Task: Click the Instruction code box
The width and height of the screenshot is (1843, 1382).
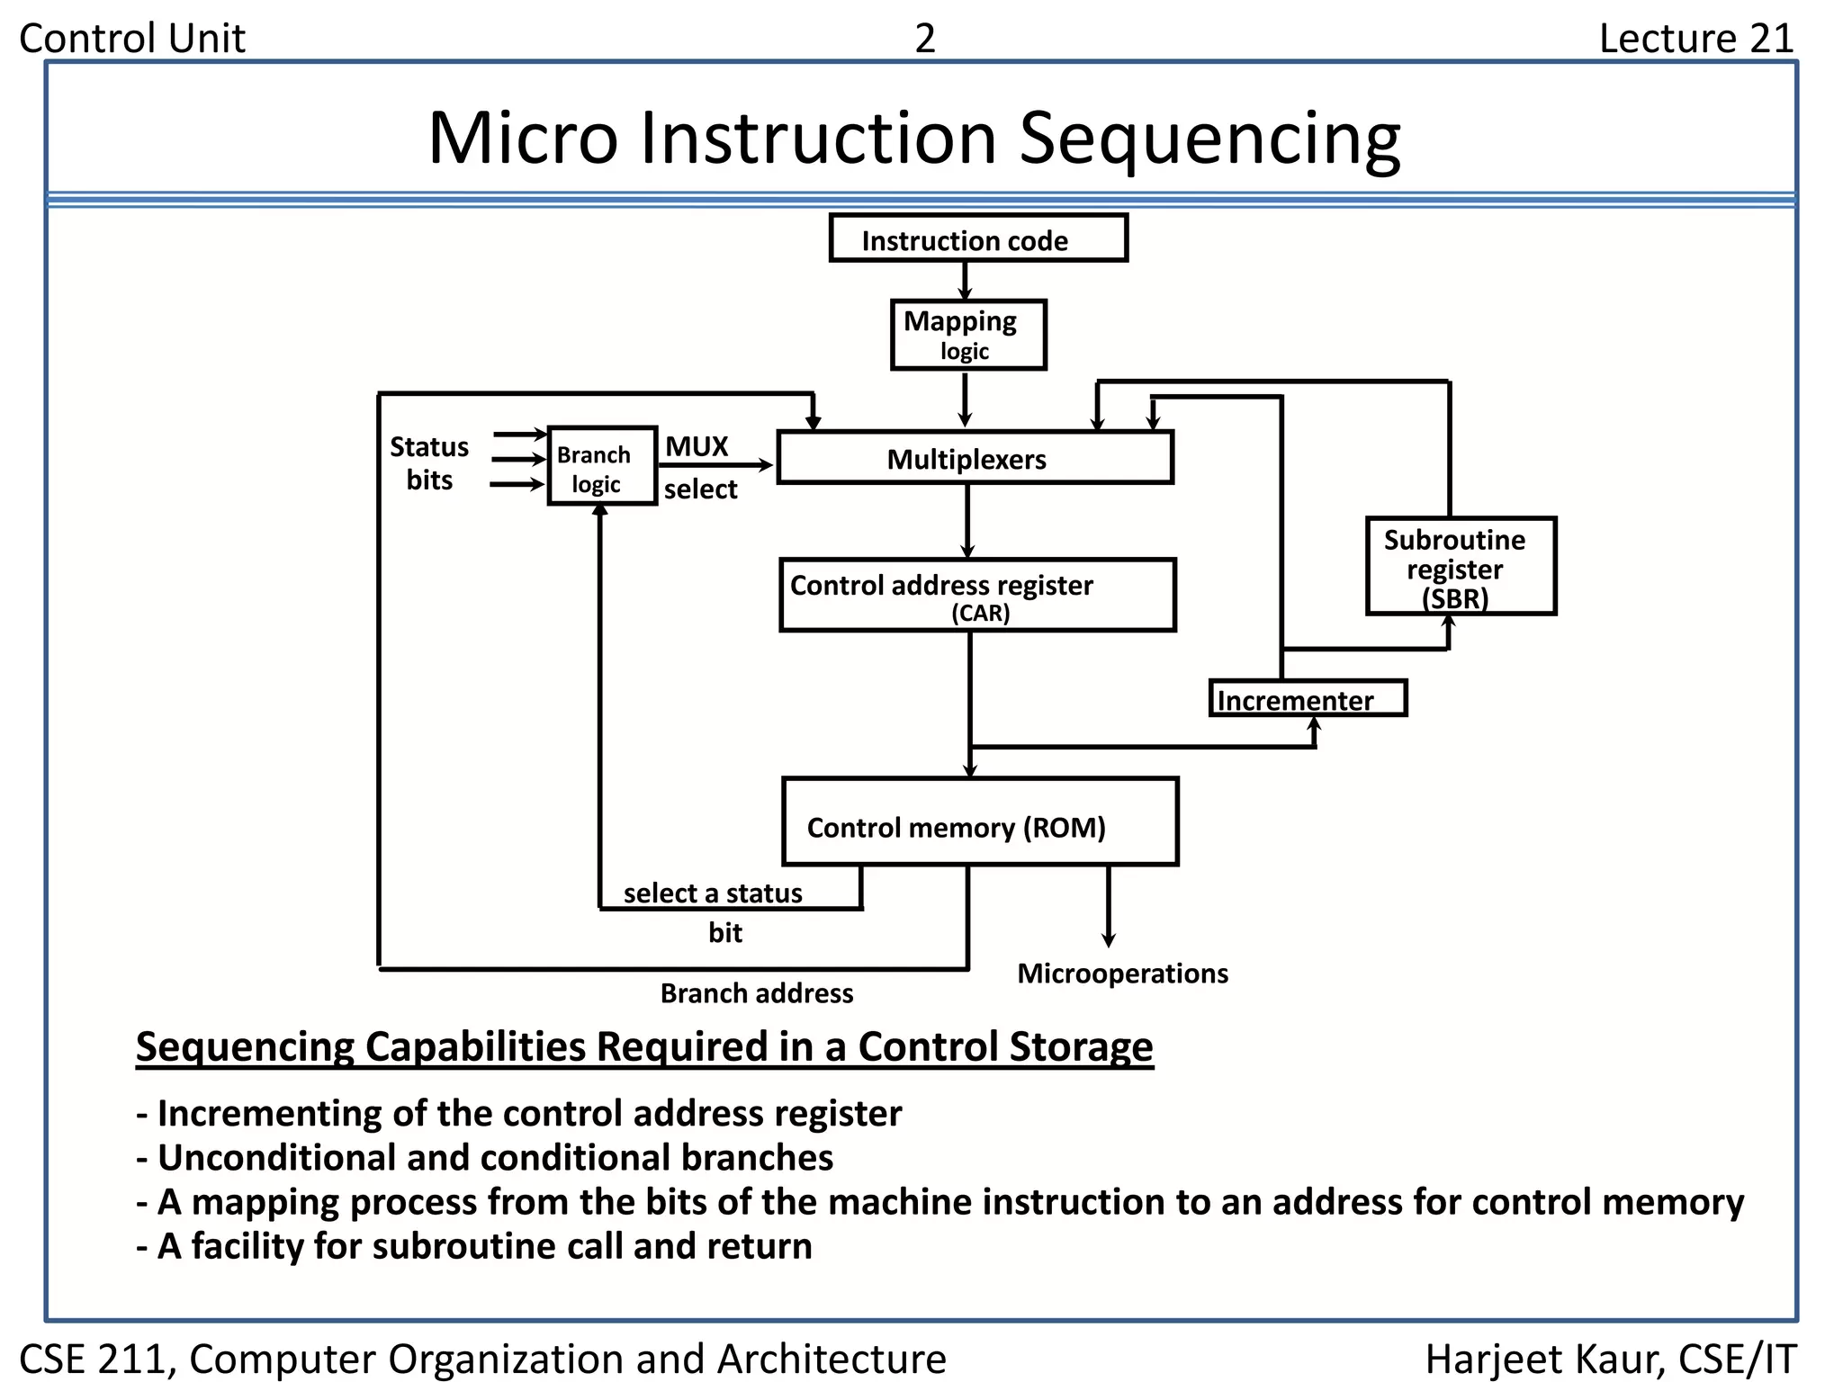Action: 977,238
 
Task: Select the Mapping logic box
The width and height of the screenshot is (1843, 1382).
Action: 967,335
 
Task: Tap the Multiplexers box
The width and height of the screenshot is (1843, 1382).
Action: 975,458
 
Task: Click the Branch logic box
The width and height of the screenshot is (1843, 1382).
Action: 602,466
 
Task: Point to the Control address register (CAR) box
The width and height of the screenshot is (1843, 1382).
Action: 977,595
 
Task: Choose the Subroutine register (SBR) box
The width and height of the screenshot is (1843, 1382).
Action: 1460,566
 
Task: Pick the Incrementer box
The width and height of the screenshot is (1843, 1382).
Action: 1307,699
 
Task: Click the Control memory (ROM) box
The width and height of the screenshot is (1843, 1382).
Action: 979,822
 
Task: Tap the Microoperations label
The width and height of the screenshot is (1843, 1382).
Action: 1121,974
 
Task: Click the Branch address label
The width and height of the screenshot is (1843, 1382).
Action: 756,993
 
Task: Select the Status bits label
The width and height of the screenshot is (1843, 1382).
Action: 429,462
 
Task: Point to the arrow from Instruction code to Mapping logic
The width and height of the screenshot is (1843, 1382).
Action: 965,281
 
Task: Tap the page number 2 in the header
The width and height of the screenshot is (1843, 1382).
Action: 924,39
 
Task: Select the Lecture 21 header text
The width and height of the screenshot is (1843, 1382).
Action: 1695,39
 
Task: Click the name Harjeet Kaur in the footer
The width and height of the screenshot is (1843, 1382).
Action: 1542,1359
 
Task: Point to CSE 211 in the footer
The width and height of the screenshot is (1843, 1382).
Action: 95,1359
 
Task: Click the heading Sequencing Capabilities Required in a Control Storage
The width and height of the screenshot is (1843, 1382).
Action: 643,1046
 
